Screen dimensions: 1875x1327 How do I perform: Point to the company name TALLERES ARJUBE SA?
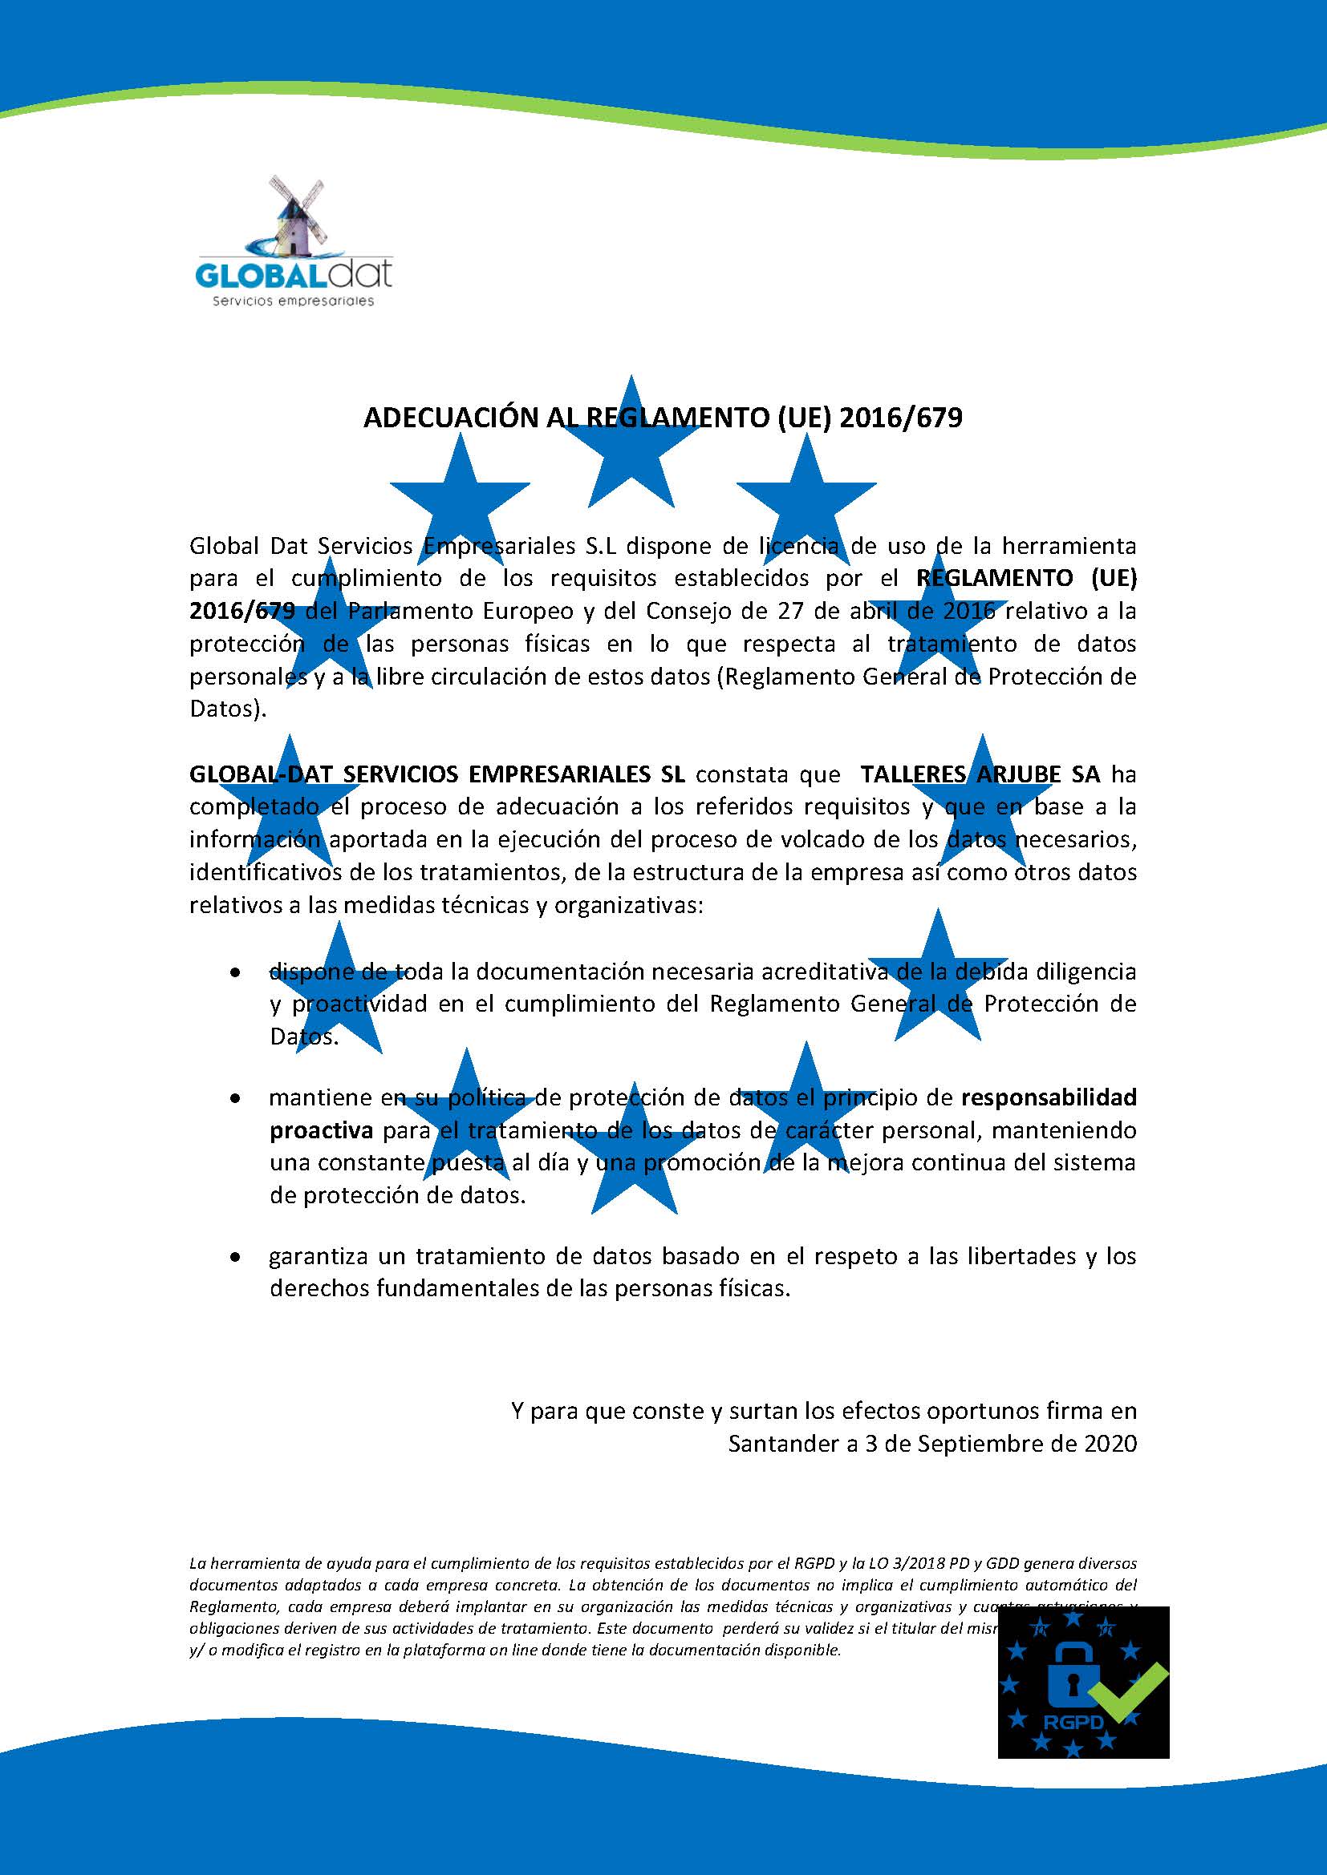tap(980, 774)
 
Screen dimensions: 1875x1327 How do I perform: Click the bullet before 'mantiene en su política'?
tap(235, 1100)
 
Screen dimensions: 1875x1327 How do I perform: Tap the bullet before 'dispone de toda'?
tap(235, 973)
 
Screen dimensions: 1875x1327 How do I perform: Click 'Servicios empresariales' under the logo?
tap(293, 301)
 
